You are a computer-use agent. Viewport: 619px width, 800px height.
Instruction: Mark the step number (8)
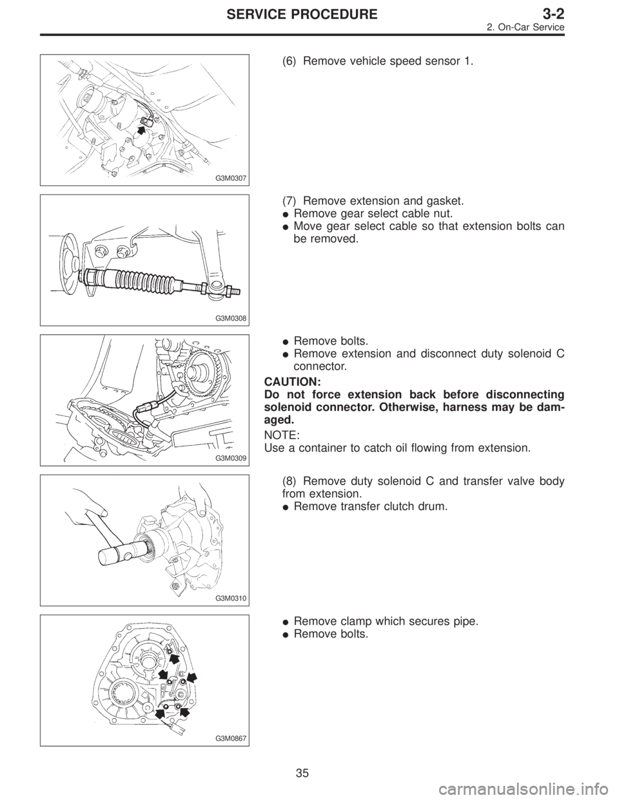coord(290,482)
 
